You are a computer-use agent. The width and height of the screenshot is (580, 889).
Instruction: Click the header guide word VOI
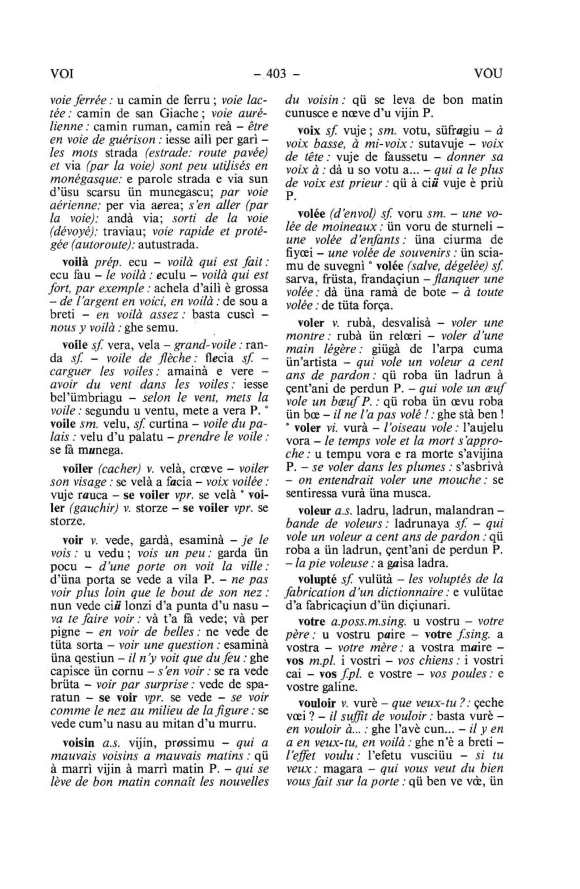point(62,74)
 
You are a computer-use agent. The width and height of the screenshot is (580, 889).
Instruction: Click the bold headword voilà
point(75,262)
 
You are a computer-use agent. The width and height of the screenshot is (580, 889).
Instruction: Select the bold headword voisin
point(79,743)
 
